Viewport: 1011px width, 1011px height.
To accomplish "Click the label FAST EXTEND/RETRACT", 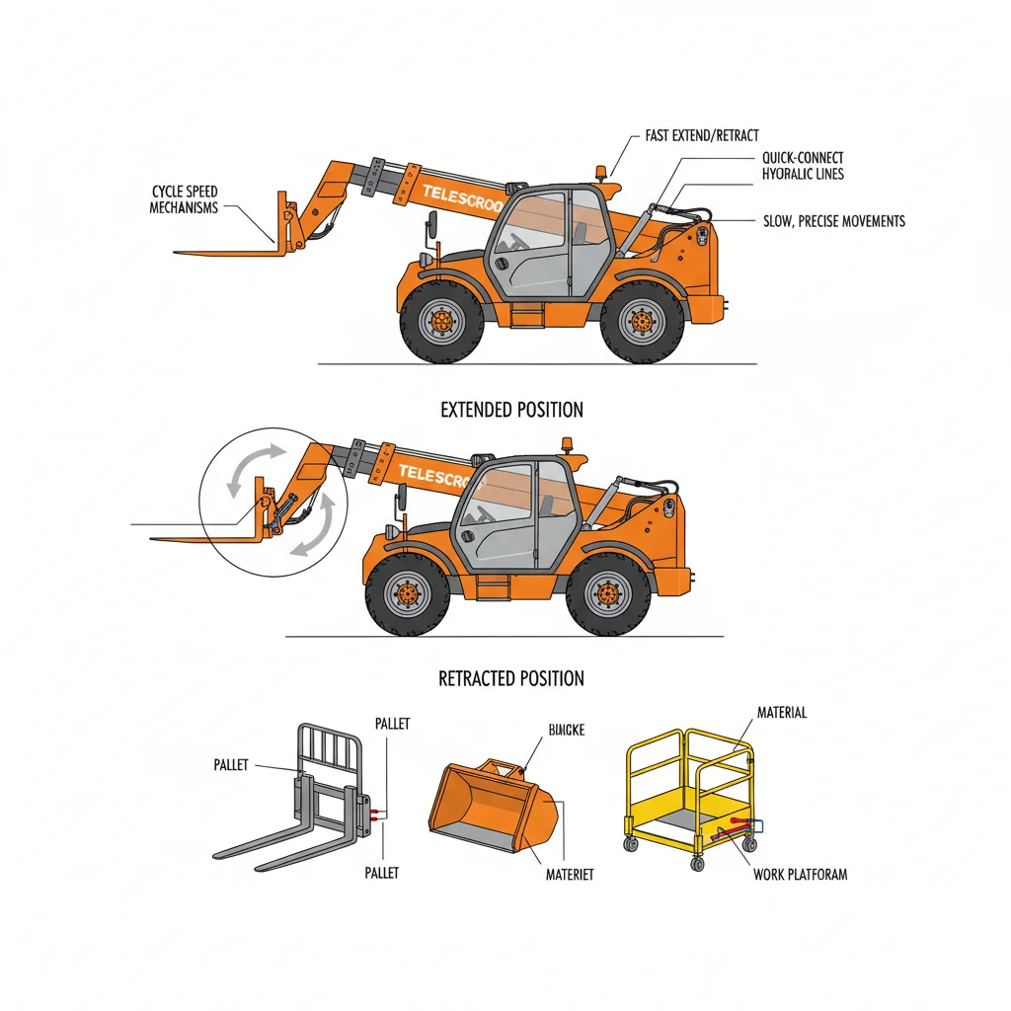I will (x=702, y=135).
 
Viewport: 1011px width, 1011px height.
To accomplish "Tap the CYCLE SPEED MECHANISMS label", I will (x=184, y=198).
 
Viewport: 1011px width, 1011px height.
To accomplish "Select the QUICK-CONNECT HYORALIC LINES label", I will (x=803, y=166).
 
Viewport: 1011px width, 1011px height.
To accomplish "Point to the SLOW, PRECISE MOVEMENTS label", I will (x=834, y=221).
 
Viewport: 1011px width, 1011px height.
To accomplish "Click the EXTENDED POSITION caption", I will (x=512, y=410).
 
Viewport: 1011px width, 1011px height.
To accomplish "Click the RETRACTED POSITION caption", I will (x=511, y=678).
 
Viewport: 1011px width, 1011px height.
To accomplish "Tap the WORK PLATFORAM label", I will (x=800, y=874).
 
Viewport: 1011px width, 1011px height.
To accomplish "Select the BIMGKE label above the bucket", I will (x=566, y=730).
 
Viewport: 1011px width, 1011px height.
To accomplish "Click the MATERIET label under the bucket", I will (x=570, y=875).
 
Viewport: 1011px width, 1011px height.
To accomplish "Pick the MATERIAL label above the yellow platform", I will (x=781, y=712).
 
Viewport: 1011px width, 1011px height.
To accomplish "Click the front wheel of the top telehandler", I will (x=441, y=321).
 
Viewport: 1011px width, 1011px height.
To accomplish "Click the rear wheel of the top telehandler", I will (x=643, y=321).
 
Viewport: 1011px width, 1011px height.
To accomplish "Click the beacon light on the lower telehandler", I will (x=569, y=443).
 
